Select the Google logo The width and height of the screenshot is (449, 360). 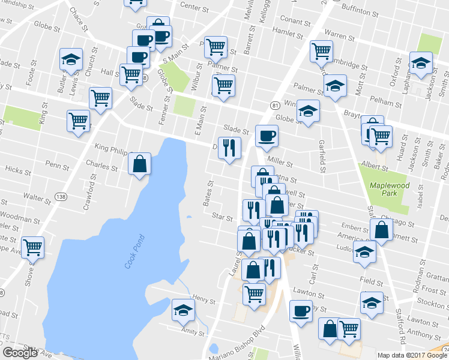pos(20,353)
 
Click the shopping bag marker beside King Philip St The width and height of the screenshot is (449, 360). pos(139,164)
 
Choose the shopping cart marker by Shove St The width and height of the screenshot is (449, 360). pos(32,247)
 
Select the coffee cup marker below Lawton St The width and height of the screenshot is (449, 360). pos(301,311)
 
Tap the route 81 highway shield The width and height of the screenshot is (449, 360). pos(275,106)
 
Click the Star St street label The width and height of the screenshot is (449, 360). pos(223,218)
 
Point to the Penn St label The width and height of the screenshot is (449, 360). pos(58,164)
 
